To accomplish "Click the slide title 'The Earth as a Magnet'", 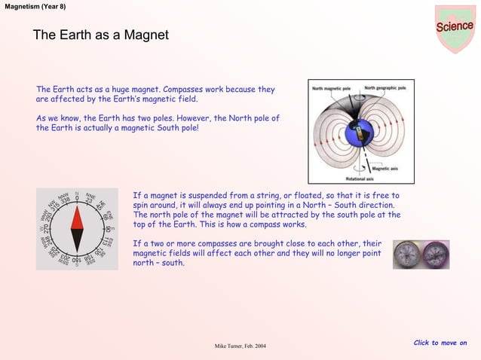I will pos(100,35).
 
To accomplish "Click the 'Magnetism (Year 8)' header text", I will pos(35,6).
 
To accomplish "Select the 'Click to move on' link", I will pos(440,343).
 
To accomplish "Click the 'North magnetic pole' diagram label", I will pos(332,88).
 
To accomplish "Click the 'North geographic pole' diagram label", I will pos(385,88).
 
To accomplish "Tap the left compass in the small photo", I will pos(407,255).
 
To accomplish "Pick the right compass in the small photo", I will pos(435,255).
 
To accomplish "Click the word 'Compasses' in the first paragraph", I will pos(184,90).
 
